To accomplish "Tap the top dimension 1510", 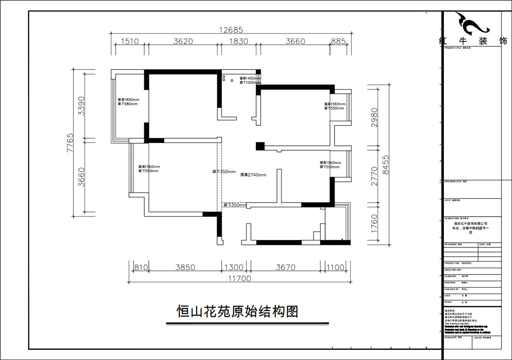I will coord(130,41).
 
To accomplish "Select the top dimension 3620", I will coord(183,41).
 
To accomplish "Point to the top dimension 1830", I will coord(237,41).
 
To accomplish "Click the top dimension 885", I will coord(338,41).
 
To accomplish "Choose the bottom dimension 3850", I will coord(185,268).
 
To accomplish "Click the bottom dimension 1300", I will coord(233,268).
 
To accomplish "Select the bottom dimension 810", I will coord(141,268).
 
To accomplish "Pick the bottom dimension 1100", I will coord(335,268).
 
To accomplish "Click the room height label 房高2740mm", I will coord(253,175).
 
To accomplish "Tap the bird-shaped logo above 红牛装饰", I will coord(472,25).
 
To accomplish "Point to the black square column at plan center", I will coord(260,146).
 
